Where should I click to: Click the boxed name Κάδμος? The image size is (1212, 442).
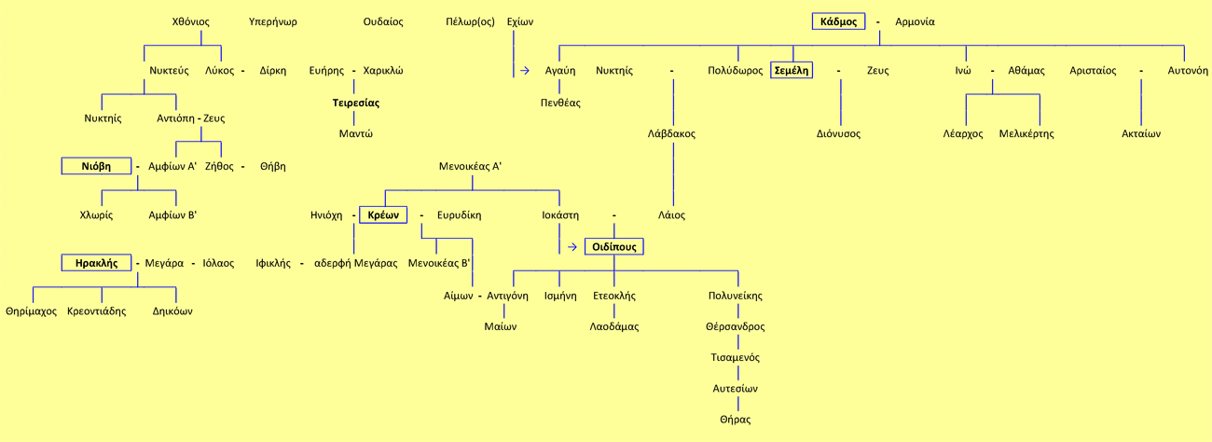point(838,21)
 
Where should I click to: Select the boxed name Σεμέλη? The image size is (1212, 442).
point(792,70)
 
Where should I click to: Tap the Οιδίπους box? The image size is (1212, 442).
point(614,247)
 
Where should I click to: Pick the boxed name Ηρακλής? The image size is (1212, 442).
point(97,263)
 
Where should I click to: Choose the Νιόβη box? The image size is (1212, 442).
point(96,166)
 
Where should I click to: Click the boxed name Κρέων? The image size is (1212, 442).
point(383,215)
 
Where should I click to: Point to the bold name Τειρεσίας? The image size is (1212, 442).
point(356,103)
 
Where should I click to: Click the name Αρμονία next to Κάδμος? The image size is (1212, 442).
point(915,21)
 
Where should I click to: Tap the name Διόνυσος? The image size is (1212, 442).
point(838,133)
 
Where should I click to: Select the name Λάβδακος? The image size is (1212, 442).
point(671,133)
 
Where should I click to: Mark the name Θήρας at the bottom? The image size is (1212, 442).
point(735,420)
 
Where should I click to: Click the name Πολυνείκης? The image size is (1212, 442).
point(735,296)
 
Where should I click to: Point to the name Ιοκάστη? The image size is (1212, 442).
point(559,215)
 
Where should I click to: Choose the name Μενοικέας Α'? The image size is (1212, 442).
point(470,166)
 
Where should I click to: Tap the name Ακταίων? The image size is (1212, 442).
point(1140,133)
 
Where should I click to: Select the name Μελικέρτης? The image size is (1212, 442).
point(1026,133)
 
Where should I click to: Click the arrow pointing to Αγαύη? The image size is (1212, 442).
point(525,70)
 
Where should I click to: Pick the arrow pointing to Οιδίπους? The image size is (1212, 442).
point(572,247)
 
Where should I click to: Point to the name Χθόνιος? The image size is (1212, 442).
point(191,21)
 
